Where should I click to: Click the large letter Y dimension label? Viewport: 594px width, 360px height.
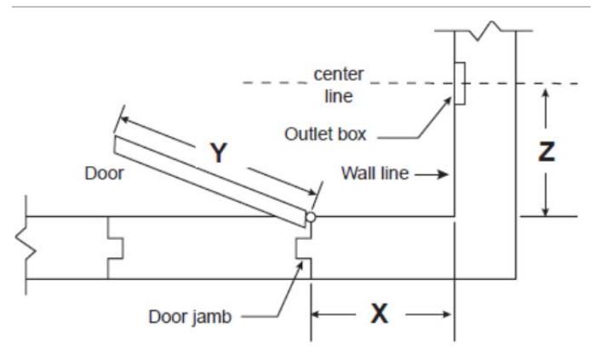point(219,153)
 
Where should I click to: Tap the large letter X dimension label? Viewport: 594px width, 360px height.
point(380,314)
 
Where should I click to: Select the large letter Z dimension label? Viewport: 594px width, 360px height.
point(546,151)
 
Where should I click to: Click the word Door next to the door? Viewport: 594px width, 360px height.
point(104,174)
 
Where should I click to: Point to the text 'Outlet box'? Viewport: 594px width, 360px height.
point(325,134)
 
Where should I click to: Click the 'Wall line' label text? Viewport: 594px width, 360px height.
point(375,173)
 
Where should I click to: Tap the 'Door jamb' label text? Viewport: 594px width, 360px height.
point(190,317)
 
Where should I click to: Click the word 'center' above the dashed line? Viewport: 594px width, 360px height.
point(339,74)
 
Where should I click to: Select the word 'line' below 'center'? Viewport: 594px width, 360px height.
point(339,96)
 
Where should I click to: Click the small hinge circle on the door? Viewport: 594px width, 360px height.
point(311,217)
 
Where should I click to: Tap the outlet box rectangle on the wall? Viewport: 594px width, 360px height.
point(460,83)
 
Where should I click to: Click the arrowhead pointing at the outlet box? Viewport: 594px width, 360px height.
point(447,102)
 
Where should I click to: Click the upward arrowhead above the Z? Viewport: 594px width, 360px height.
point(545,94)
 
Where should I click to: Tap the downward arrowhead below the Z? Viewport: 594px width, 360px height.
point(545,210)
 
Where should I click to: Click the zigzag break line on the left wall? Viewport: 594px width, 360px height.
point(26,245)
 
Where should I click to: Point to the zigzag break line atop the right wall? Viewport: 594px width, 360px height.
point(485,31)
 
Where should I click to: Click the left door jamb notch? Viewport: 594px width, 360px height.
point(115,249)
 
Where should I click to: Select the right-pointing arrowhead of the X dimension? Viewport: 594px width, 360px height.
point(447,314)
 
